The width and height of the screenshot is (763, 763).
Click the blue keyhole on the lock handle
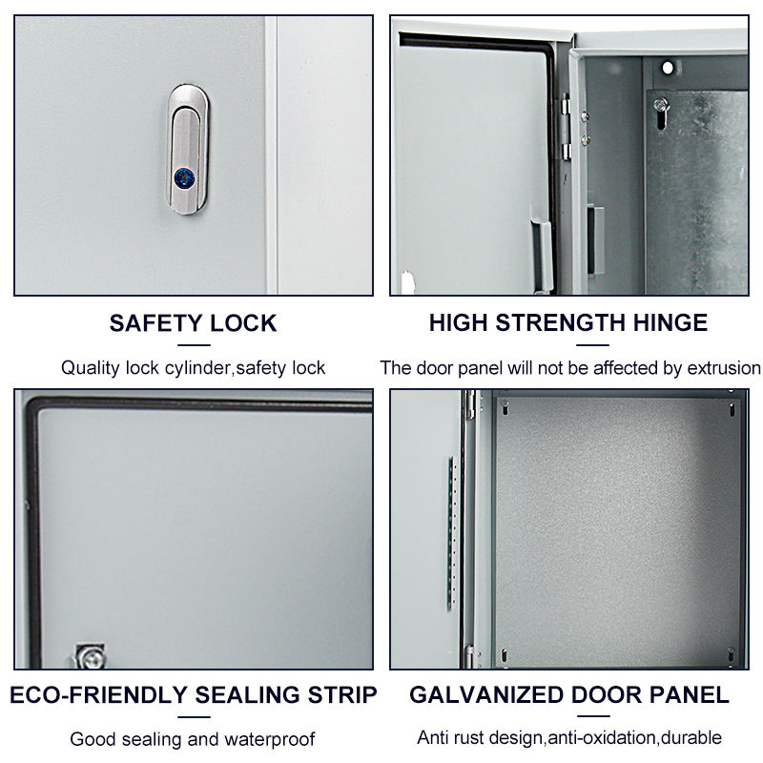184,178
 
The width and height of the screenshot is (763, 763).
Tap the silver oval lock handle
188,150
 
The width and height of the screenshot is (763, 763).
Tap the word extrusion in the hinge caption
724,368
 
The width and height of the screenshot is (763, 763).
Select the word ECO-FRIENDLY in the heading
98,695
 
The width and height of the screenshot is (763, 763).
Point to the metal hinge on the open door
566,127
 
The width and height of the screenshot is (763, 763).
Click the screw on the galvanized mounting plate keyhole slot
660,104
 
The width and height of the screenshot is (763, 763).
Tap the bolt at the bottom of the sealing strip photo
91,656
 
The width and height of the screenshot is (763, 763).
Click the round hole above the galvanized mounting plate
668,68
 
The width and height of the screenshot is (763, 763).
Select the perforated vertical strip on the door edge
452,533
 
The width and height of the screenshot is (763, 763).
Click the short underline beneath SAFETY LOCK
194,345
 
